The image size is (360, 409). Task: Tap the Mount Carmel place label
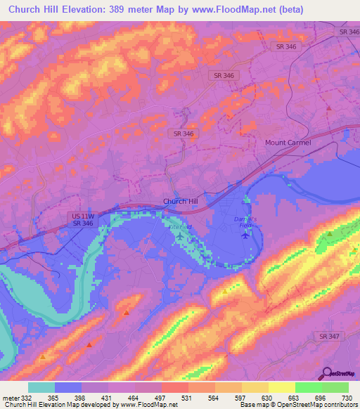point(288,142)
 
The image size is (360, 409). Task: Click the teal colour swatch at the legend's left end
point(41,387)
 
